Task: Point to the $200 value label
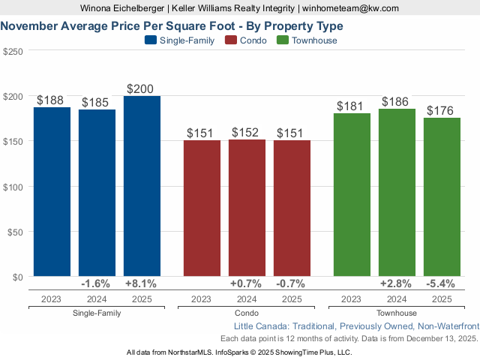[142, 88]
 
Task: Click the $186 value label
[397, 101]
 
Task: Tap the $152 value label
[247, 132]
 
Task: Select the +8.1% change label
[142, 283]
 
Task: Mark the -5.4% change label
[442, 283]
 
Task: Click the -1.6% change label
[96, 283]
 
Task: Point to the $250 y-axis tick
[13, 52]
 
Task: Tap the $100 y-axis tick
[13, 187]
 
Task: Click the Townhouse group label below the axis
[397, 313]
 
